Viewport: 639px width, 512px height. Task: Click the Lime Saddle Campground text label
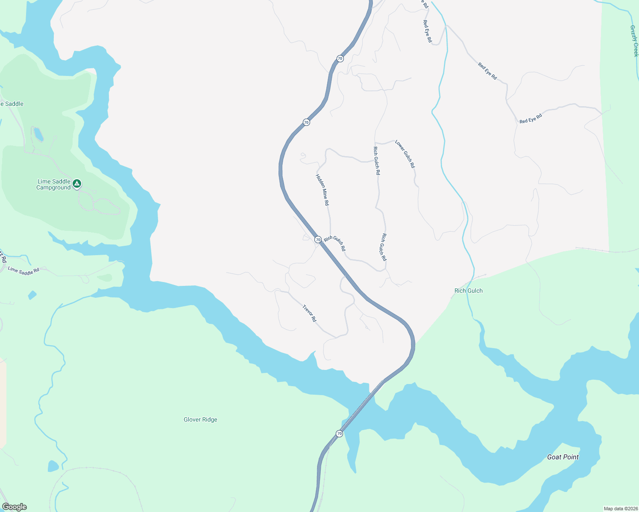(x=53, y=185)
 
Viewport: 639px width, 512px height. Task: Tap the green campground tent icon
(x=76, y=184)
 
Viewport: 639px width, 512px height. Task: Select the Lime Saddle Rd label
(x=23, y=271)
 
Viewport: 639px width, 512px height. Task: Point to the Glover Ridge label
(x=200, y=420)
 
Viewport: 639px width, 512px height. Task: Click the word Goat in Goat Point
(x=554, y=457)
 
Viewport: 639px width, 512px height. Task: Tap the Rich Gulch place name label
(x=468, y=291)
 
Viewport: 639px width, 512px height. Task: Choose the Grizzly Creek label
(x=634, y=41)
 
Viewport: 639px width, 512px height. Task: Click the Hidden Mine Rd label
(x=322, y=190)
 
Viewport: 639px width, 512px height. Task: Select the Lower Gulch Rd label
(x=405, y=154)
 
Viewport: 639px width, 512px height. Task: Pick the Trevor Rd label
(x=309, y=313)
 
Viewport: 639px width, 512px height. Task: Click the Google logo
(x=15, y=507)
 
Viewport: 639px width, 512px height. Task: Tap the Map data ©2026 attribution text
(x=620, y=509)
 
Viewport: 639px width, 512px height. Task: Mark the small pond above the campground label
(x=38, y=134)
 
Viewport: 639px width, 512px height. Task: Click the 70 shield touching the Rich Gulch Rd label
(x=318, y=240)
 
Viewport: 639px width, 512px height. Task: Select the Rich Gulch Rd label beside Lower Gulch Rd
(x=376, y=161)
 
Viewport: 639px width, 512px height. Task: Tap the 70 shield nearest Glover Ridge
(x=339, y=434)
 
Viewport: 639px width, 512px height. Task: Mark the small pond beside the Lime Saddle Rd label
(x=32, y=295)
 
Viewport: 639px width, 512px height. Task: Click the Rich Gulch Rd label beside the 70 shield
(x=335, y=244)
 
